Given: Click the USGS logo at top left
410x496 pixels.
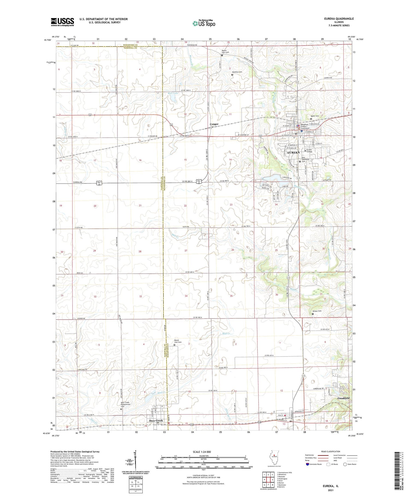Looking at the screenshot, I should point(62,22).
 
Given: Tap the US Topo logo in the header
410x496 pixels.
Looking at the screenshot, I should point(204,24).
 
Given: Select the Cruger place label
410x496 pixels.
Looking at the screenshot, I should point(214,124).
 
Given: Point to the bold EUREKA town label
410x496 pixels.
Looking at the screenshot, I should point(293,152).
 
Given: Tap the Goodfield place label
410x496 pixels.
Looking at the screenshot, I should point(343,398).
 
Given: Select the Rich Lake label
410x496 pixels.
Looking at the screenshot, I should point(173,93).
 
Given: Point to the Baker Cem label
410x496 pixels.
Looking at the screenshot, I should point(315,116).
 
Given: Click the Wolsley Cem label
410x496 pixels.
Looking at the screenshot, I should point(237,72).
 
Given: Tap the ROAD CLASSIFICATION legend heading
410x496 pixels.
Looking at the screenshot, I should point(331,451).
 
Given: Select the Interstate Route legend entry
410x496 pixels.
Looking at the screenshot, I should point(316,464).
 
